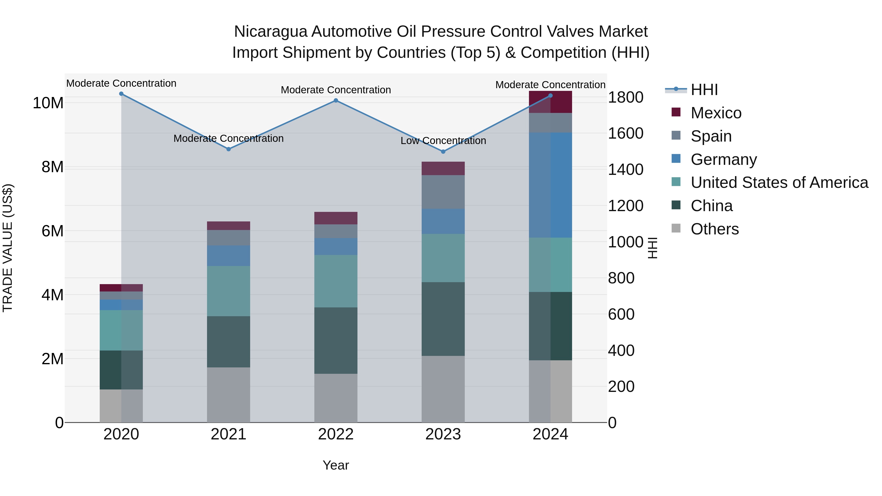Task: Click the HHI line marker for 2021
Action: click(x=229, y=149)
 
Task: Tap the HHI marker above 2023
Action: click(x=443, y=151)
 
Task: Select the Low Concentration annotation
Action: click(x=443, y=141)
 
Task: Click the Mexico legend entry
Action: click(x=716, y=113)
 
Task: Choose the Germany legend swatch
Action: click(x=676, y=159)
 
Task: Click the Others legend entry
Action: click(x=715, y=229)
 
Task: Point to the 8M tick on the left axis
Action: click(x=52, y=167)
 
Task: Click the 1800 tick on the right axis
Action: click(x=625, y=97)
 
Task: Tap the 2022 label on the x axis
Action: click(x=336, y=434)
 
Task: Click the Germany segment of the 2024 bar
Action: click(x=550, y=185)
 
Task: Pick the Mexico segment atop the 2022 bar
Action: click(x=336, y=218)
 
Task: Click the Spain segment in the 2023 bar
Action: click(x=443, y=192)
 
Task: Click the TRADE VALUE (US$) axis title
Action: click(x=8, y=248)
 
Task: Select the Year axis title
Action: click(x=336, y=465)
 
